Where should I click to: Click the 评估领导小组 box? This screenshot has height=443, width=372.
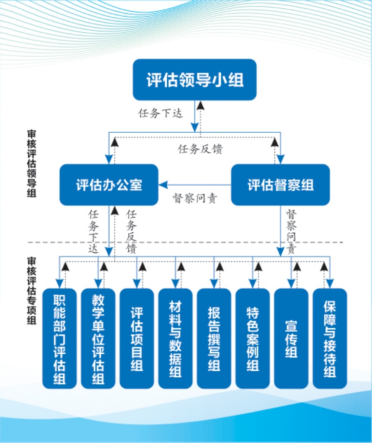pyautogui.click(x=195, y=80)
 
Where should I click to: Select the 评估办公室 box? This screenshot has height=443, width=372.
pyautogui.click(x=109, y=184)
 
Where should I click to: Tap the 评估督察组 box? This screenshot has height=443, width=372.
pyautogui.click(x=280, y=184)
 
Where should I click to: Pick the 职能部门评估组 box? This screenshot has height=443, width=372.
pyautogui.click(x=59, y=338)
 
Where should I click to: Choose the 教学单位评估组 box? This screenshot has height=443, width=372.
pyautogui.click(x=98, y=338)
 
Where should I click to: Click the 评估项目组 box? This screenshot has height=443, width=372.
pyautogui.click(x=137, y=338)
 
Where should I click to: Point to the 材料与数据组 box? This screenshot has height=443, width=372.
pyautogui.click(x=175, y=338)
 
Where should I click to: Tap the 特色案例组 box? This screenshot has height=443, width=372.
pyautogui.click(x=253, y=338)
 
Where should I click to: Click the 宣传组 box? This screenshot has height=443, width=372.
pyautogui.click(x=291, y=338)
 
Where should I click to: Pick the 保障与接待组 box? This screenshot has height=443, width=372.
pyautogui.click(x=330, y=338)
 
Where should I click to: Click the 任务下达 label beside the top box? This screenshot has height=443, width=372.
pyautogui.click(x=160, y=114)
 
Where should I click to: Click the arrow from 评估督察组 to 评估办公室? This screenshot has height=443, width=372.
pyautogui.click(x=195, y=185)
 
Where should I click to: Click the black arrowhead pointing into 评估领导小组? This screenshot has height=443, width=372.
pyautogui.click(x=200, y=104)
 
